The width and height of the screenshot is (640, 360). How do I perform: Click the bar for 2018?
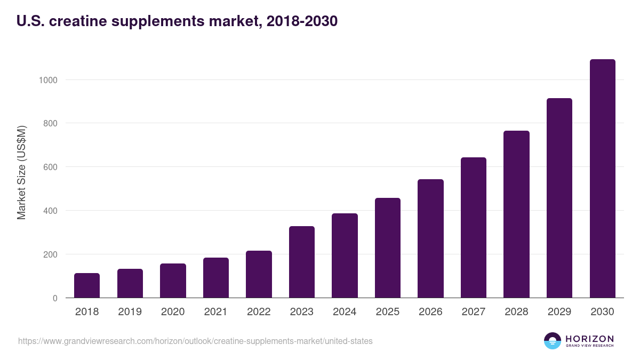tap(87, 285)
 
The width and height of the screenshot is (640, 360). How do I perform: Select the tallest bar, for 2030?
tap(603, 179)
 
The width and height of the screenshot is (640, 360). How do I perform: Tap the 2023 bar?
tap(302, 262)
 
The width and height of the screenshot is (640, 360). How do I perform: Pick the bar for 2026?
tap(430, 238)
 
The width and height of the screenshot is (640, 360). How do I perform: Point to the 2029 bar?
tap(559, 198)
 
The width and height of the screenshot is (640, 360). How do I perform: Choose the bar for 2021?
tap(216, 278)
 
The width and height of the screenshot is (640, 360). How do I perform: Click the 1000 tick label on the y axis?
tap(48, 81)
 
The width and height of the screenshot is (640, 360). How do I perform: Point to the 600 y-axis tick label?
tap(50, 167)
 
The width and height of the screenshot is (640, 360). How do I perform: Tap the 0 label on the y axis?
tap(55, 298)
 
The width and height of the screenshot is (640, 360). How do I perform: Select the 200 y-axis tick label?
tap(50, 254)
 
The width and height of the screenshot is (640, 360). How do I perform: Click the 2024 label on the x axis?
tap(345, 311)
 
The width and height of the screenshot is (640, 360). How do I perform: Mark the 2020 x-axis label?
tap(173, 311)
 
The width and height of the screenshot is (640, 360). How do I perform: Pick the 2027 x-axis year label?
tap(474, 311)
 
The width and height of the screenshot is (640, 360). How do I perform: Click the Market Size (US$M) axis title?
tap(21, 173)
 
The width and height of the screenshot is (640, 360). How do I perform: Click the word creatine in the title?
tap(78, 21)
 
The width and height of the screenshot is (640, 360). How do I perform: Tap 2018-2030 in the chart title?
tap(302, 21)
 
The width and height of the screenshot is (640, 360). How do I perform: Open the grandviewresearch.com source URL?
tap(195, 341)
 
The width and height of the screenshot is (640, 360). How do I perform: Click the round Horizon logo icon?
tap(553, 341)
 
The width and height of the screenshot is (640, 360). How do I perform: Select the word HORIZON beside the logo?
tap(589, 339)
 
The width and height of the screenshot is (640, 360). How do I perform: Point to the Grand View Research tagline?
tap(589, 346)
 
